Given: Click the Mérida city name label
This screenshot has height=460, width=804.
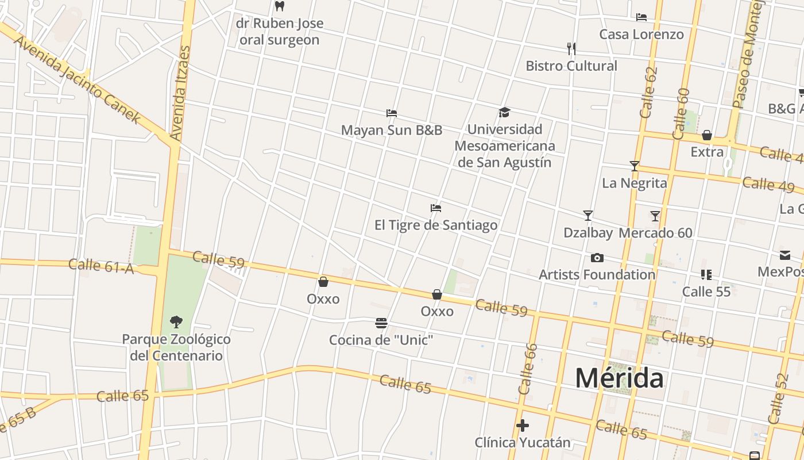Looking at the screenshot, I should (x=619, y=378).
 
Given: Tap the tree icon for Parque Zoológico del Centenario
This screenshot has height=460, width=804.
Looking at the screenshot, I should (x=176, y=322).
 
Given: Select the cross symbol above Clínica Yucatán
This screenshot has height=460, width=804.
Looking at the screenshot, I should (x=523, y=425).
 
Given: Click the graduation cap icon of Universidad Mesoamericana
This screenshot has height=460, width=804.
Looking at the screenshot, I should (x=504, y=112).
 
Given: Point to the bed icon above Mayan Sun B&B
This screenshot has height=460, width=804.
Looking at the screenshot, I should (x=392, y=113).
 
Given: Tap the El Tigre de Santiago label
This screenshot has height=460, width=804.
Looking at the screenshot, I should (x=436, y=225).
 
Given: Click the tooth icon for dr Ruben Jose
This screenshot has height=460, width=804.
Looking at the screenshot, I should (x=280, y=6).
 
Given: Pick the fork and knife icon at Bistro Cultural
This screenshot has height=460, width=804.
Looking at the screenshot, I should (x=571, y=48).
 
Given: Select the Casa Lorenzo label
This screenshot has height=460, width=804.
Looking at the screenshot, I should (x=641, y=34).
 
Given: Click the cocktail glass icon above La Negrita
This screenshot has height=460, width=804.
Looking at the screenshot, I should (x=634, y=166).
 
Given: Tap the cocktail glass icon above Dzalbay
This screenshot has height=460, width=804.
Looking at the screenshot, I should (x=587, y=216).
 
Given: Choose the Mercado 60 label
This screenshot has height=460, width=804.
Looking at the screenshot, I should (x=655, y=233).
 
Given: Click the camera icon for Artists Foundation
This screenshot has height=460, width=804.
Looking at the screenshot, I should (x=597, y=258).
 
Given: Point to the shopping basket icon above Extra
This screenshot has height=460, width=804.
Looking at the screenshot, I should (x=707, y=136).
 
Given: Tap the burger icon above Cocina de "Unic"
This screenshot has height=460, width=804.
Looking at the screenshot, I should (x=381, y=323).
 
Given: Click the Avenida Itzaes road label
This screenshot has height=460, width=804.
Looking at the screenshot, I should (x=180, y=93).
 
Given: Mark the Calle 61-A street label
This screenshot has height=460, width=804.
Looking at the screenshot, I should (x=101, y=266).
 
